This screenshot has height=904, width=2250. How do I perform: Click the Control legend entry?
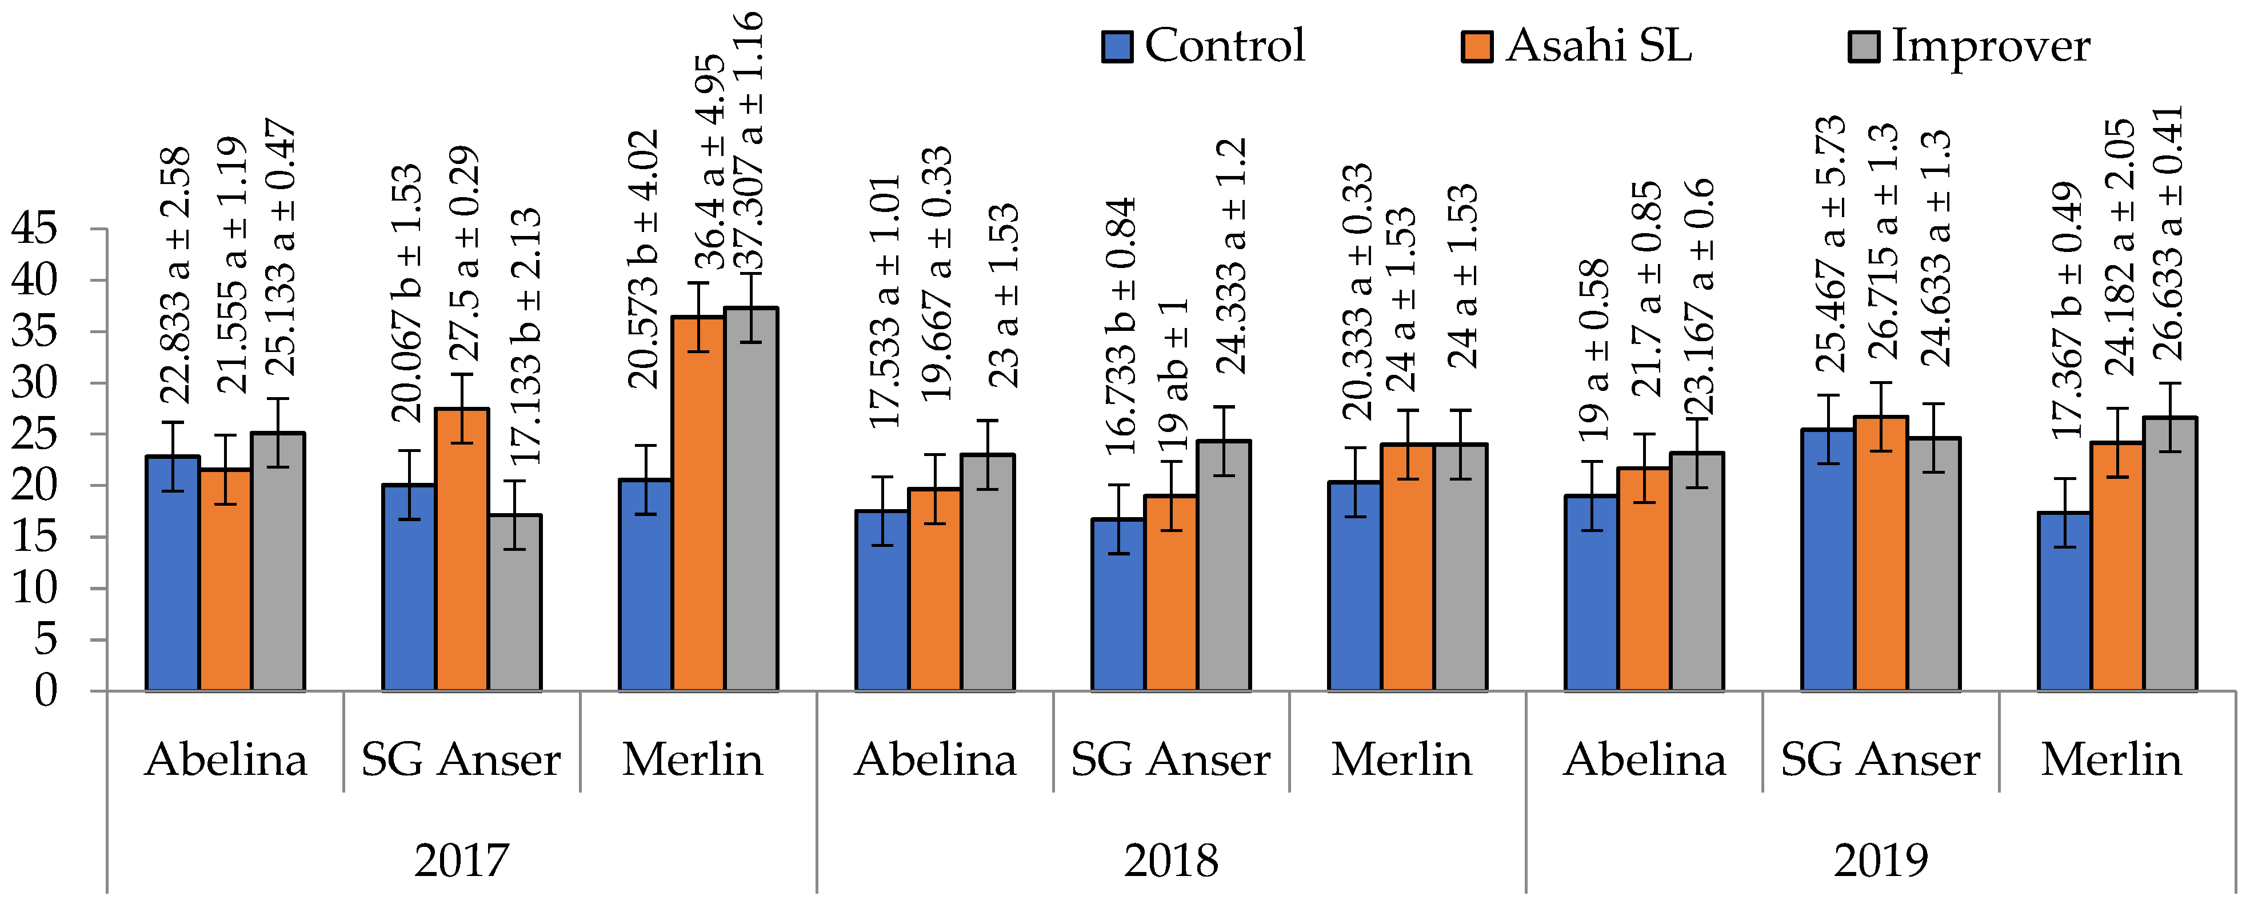pos(1205,45)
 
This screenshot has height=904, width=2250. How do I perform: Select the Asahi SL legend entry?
pos(1577,45)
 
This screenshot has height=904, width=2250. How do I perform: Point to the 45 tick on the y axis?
pos(35,229)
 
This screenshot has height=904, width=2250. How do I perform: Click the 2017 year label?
pos(461,861)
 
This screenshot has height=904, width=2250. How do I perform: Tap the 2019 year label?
pos(1881,861)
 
